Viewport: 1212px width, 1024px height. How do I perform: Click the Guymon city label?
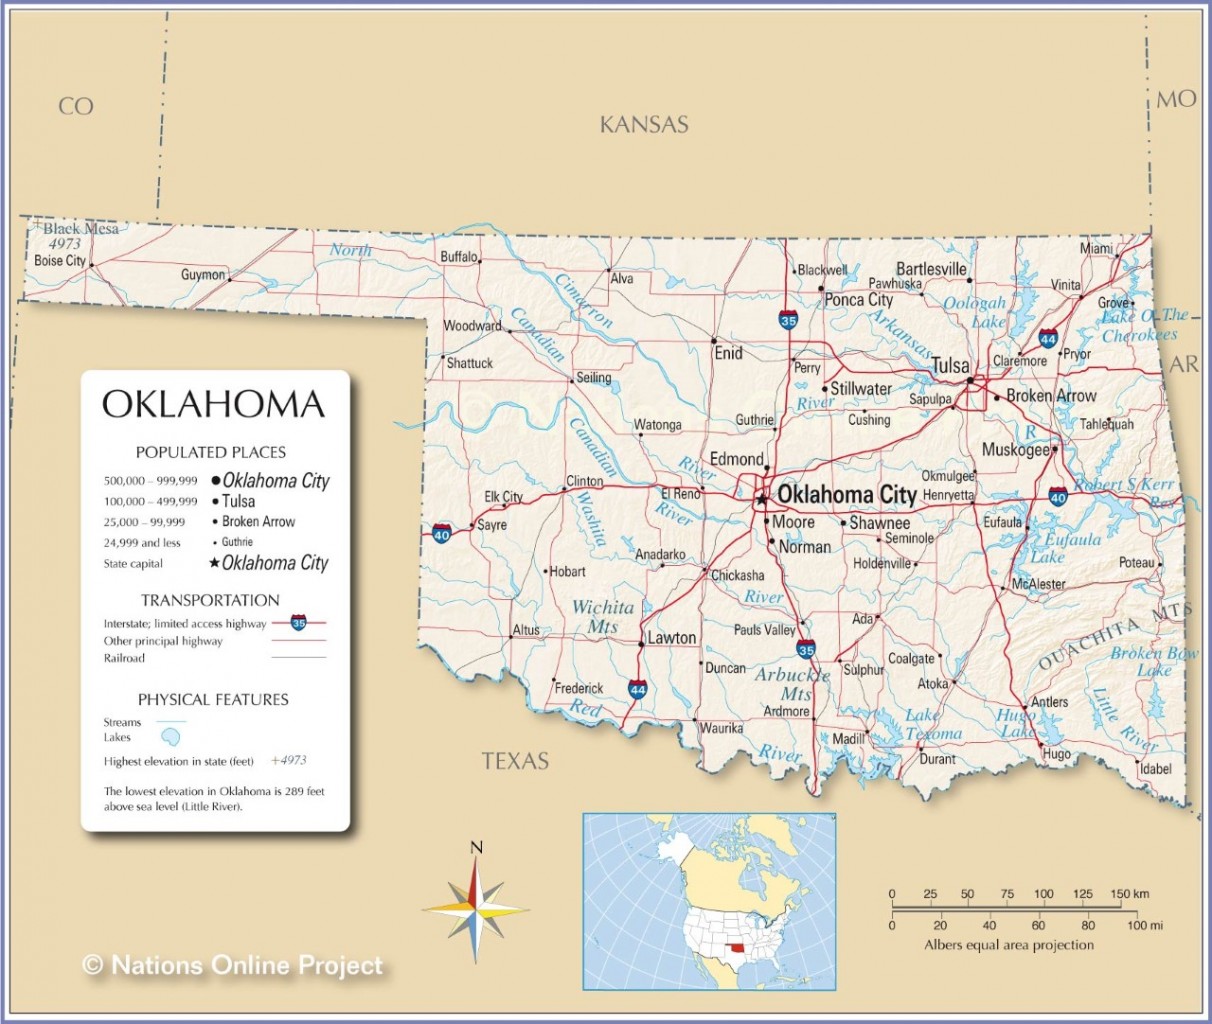point(202,275)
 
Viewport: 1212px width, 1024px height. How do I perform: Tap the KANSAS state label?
point(644,125)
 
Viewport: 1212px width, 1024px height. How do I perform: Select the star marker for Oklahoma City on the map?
point(762,497)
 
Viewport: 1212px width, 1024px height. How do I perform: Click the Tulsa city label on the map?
point(950,366)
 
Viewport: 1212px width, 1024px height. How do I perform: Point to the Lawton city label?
point(671,638)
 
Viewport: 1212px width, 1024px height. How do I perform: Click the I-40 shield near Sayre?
point(442,533)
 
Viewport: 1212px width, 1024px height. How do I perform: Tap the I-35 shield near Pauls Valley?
point(806,650)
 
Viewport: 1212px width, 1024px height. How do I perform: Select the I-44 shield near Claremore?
point(1048,339)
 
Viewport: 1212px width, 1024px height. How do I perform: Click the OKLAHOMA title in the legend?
point(214,405)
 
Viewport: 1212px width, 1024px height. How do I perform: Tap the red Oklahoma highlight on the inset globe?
point(737,948)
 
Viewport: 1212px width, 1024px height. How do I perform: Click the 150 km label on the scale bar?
point(1129,894)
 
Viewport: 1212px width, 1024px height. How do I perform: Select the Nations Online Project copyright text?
point(233,965)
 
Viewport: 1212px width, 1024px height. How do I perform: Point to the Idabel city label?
point(1155,769)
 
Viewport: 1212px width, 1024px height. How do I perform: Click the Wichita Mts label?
point(602,616)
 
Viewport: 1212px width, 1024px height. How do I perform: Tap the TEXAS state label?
point(515,761)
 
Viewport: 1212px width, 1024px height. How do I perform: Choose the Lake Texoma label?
point(933,725)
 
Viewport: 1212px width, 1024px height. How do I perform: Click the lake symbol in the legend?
point(171,737)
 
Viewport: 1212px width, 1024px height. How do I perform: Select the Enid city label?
point(728,353)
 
